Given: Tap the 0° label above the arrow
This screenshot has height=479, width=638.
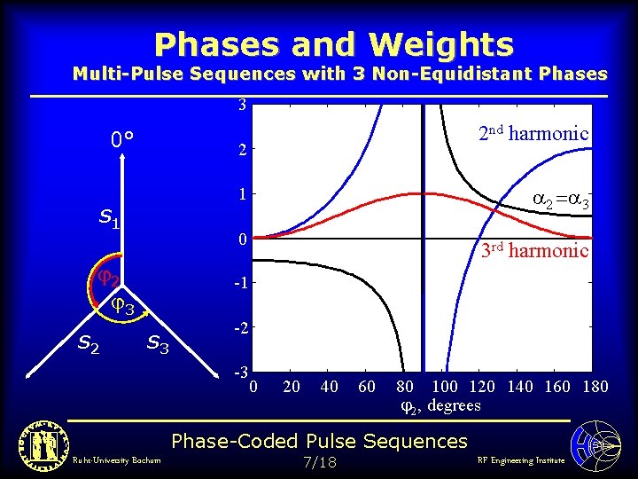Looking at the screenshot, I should (x=122, y=140).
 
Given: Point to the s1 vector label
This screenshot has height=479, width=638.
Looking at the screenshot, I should (x=109, y=216).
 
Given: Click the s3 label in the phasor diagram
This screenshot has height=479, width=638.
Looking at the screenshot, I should (x=158, y=342).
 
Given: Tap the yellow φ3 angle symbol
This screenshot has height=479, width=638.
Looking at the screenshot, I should (x=122, y=307).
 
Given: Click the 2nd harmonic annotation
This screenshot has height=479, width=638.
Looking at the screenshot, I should (x=533, y=134).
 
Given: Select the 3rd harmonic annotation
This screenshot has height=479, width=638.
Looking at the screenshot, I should (x=534, y=250).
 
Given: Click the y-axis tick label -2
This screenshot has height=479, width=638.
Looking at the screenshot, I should (x=239, y=328).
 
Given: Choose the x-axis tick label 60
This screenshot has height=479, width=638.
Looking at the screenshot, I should (x=367, y=387).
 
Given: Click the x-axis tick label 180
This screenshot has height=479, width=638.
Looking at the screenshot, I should (x=595, y=387).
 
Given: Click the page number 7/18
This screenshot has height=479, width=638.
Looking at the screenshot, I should (x=319, y=462).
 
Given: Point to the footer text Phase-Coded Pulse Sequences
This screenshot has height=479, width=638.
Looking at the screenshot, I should (x=319, y=441).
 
